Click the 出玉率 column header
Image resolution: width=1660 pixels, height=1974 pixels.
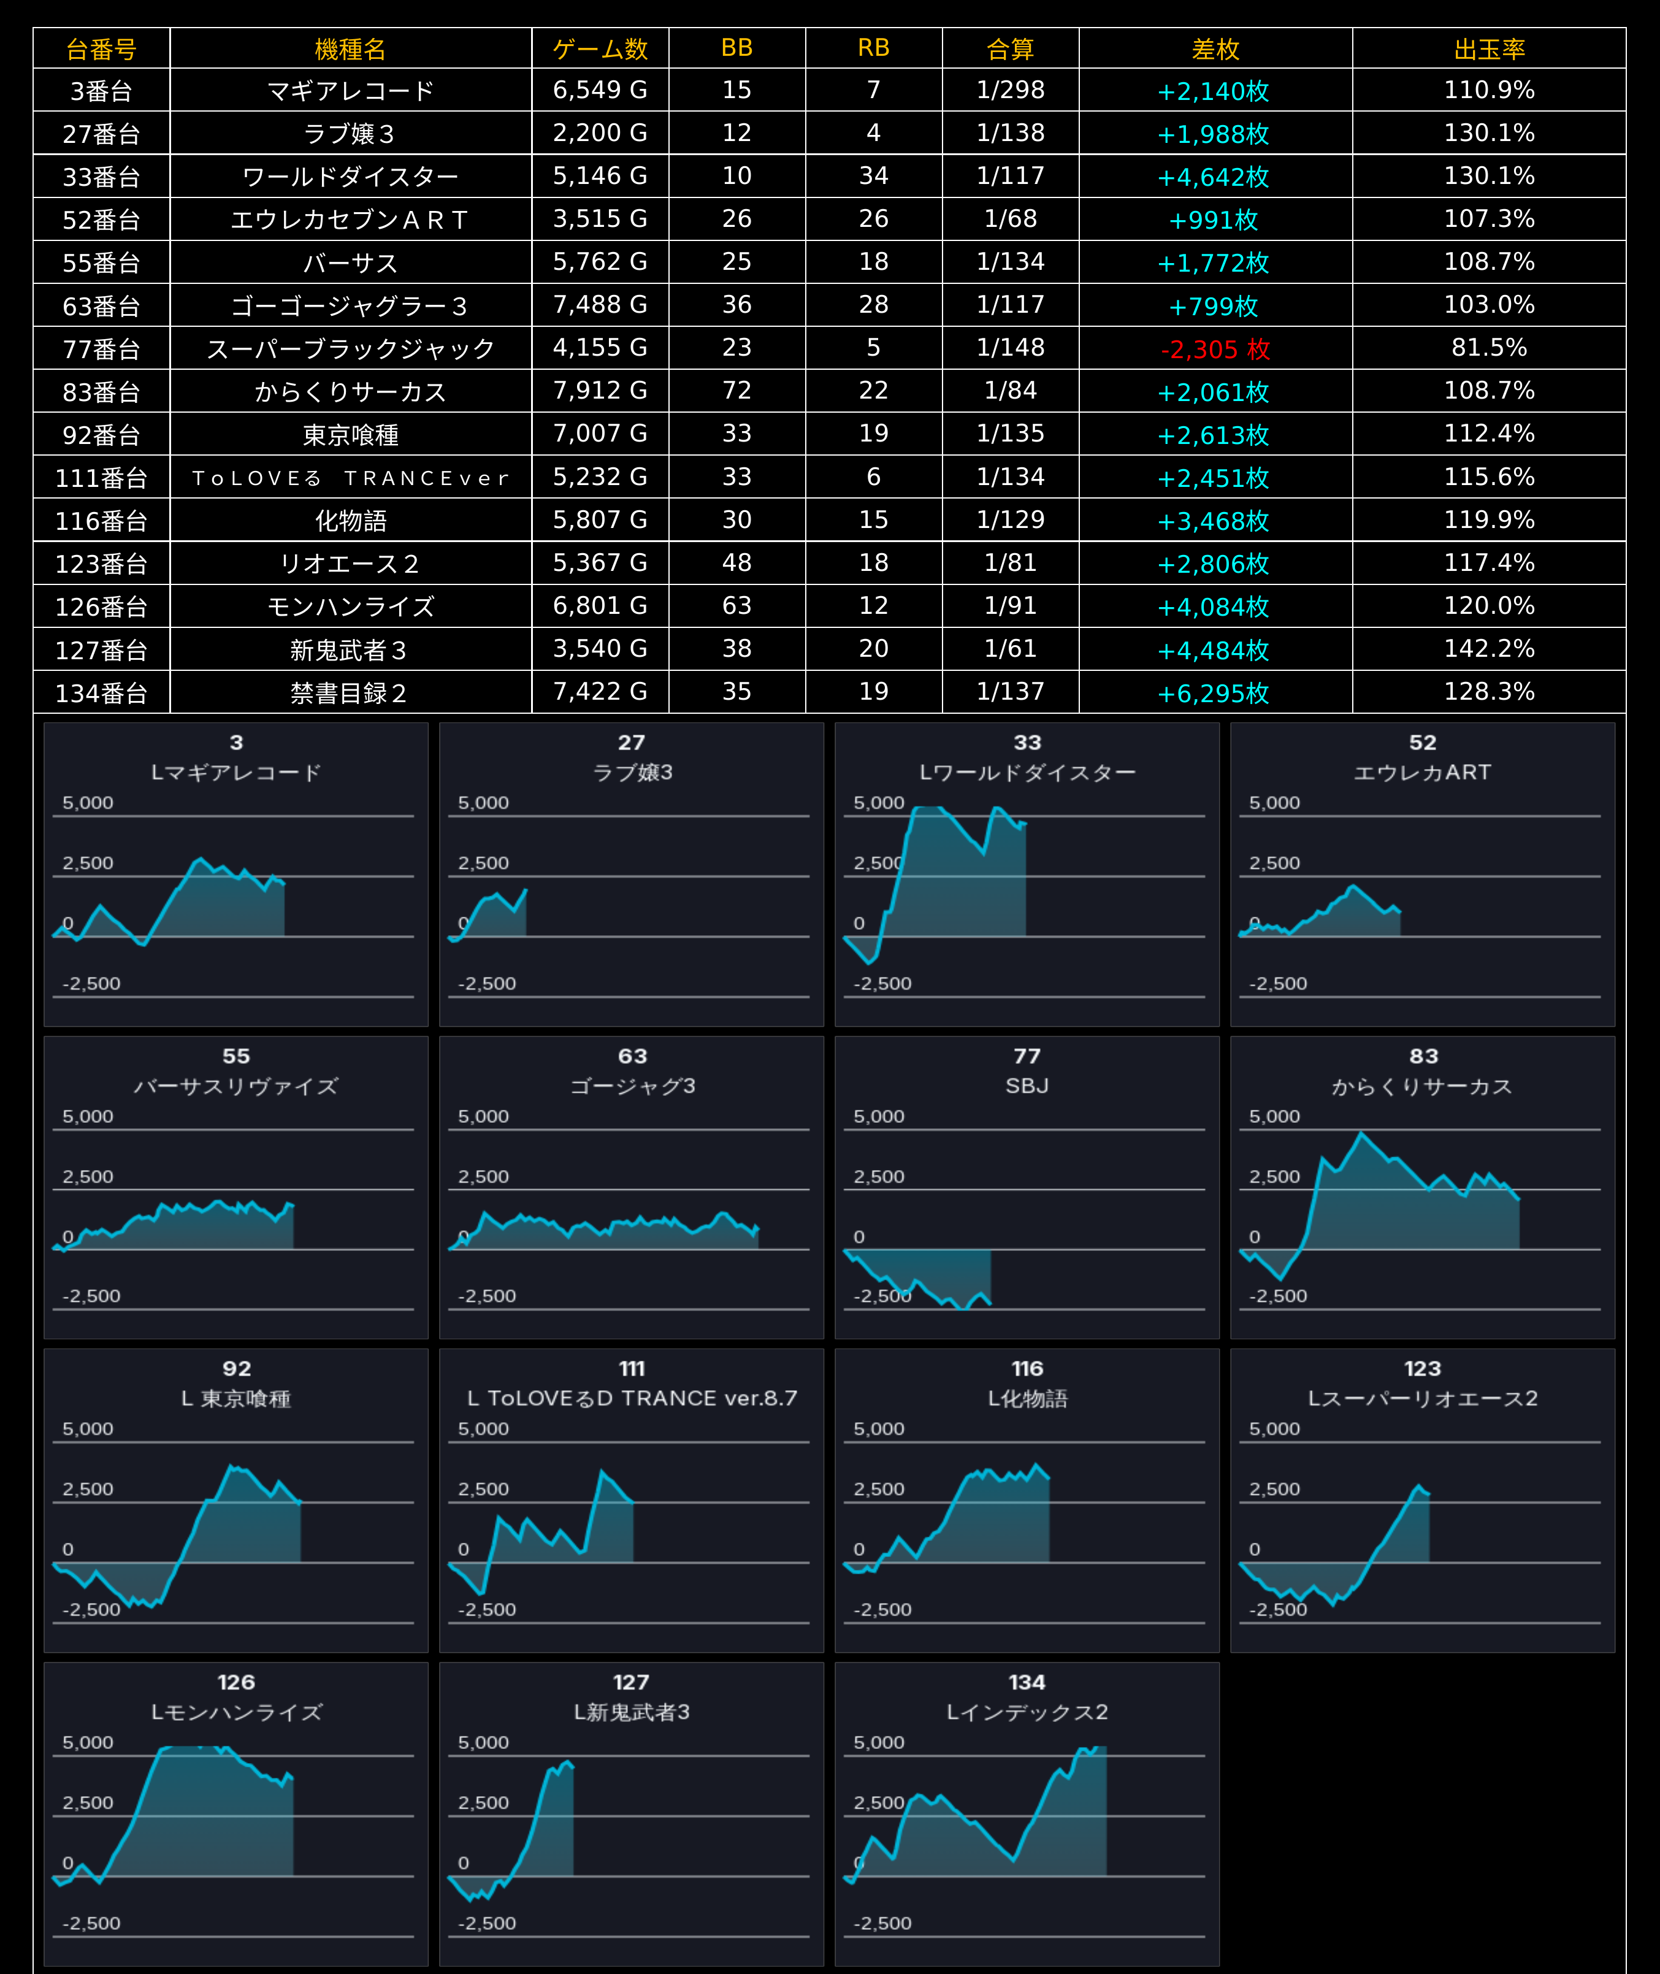1489,49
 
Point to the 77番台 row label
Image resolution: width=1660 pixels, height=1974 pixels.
102,349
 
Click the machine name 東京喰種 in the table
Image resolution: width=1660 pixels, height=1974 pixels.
351,435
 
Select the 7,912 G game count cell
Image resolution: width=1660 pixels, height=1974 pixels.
600,391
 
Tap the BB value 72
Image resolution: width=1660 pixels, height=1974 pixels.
737,391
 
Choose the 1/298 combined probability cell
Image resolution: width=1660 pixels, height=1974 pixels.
1011,90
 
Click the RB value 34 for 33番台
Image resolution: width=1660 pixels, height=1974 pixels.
873,176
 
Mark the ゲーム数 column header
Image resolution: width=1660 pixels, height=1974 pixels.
600,49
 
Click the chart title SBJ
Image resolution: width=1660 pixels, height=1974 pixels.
1027,1086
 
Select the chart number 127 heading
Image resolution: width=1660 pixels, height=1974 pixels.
632,1682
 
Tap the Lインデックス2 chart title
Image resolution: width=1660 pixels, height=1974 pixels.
1027,1712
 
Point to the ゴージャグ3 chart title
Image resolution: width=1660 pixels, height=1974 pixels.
632,1086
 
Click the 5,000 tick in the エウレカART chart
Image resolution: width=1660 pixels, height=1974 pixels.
1274,803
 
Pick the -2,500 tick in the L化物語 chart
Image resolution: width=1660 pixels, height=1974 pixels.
882,1609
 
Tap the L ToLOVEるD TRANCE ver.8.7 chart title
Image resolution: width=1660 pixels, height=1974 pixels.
632,1398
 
